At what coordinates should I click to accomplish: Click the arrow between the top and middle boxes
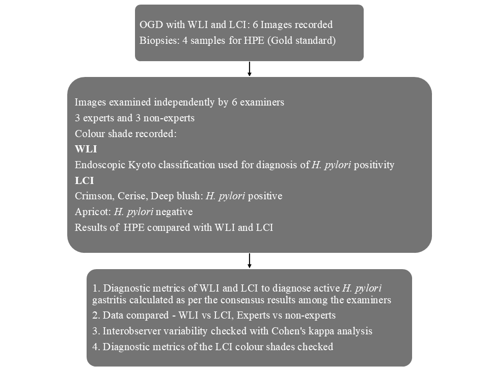(x=249, y=69)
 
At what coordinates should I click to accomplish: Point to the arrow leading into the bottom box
(x=249, y=260)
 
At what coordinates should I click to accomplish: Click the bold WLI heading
(x=86, y=149)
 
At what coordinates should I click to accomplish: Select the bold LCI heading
(x=84, y=180)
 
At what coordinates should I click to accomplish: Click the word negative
(x=174, y=212)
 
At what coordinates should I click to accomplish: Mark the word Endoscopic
(x=100, y=165)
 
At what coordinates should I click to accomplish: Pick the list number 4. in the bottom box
(x=96, y=347)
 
